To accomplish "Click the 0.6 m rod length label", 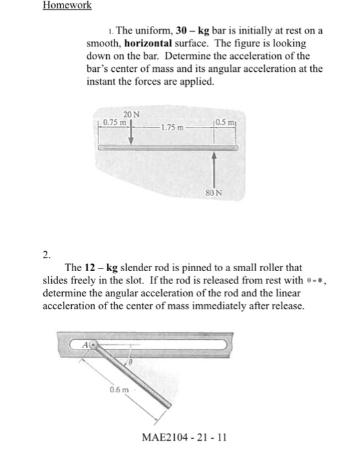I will [118, 390].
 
